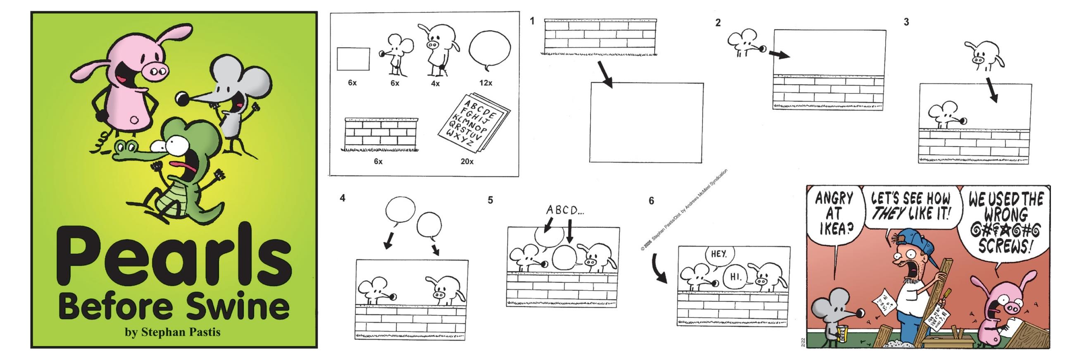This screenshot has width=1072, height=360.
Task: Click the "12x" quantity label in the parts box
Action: click(x=486, y=83)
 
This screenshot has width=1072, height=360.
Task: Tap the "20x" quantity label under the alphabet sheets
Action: click(x=467, y=161)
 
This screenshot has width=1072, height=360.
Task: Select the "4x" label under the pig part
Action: click(x=435, y=83)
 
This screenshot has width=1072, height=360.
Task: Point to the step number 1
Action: click(x=532, y=21)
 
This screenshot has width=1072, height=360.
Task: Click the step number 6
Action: click(x=651, y=201)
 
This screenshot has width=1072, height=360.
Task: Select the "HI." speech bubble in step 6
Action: click(x=736, y=276)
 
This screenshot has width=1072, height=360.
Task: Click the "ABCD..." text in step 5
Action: click(x=565, y=210)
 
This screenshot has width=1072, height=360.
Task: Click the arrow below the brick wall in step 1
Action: click(x=605, y=75)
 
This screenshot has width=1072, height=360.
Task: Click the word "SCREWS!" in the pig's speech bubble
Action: click(x=1004, y=246)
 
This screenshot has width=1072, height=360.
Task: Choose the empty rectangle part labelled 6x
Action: click(x=353, y=59)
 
